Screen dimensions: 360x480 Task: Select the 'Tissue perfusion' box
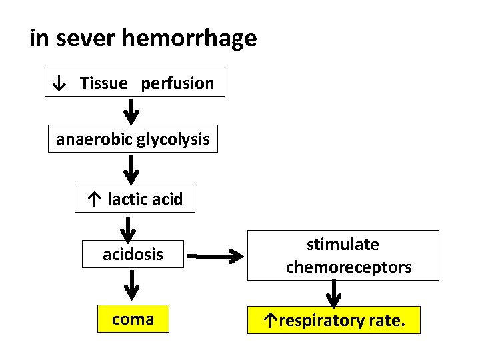tap(135, 83)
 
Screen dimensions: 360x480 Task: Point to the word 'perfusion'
tap(177, 83)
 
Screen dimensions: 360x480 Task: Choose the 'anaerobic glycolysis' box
tap(133, 139)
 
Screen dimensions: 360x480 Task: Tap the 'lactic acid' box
tap(135, 199)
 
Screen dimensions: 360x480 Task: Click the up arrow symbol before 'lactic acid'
tap(94, 199)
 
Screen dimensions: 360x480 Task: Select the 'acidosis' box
tap(133, 254)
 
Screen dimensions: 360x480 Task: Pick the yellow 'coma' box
tap(133, 319)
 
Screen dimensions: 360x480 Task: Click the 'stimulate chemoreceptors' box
tap(343, 255)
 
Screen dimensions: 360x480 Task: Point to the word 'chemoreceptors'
tap(349, 267)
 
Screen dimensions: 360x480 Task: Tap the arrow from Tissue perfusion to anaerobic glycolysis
tap(133, 111)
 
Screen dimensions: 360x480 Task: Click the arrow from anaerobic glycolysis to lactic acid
tap(133, 169)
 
